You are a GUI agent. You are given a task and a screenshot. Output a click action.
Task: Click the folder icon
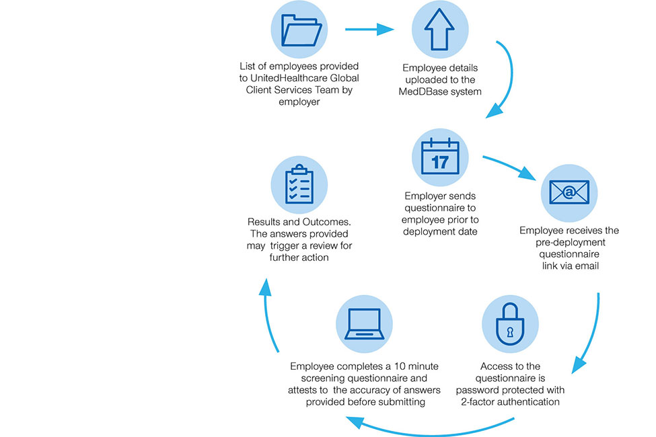(x=299, y=30)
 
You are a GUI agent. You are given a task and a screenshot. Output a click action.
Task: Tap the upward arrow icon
(x=440, y=30)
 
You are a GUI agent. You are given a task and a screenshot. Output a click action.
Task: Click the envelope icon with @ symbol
(x=569, y=194)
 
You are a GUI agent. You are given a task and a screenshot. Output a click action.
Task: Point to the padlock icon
(x=510, y=323)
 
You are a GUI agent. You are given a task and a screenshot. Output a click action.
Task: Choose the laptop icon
(x=364, y=323)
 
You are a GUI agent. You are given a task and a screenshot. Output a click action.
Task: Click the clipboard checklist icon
(x=299, y=184)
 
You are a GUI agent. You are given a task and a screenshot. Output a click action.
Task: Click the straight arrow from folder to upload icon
(x=369, y=30)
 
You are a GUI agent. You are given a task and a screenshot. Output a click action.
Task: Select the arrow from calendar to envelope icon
(x=509, y=168)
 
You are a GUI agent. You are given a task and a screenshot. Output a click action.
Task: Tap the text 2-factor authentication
(x=510, y=402)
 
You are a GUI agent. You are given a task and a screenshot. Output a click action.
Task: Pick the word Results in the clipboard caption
(x=266, y=222)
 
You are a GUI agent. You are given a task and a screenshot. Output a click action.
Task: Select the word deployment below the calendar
(x=436, y=232)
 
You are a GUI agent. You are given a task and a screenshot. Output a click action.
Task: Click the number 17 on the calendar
(x=440, y=162)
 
